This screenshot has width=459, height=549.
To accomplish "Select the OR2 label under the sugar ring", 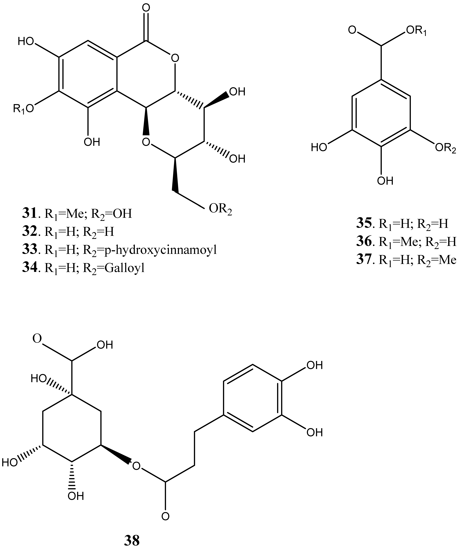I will pyautogui.click(x=220, y=209).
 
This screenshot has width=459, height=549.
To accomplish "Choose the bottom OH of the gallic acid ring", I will pyautogui.click(x=385, y=181).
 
